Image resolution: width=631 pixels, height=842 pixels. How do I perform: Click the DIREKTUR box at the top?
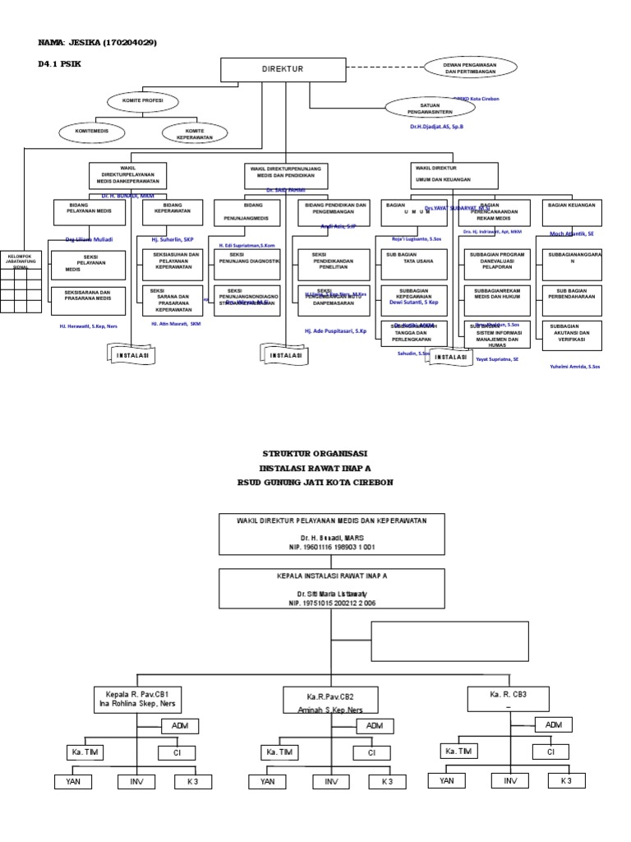(283, 70)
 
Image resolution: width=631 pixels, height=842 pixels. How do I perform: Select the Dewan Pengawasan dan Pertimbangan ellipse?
(470, 67)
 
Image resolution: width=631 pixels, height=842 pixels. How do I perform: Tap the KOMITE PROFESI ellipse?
(142, 101)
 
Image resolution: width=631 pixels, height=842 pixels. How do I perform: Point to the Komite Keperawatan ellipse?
(194, 132)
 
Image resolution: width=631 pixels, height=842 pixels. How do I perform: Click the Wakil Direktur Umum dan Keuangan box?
(454, 175)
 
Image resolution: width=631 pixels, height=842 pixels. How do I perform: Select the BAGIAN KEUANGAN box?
(571, 212)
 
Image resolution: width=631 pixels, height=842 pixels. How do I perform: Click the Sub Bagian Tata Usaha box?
(413, 264)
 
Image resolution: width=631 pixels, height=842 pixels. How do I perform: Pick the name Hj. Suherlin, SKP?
(172, 239)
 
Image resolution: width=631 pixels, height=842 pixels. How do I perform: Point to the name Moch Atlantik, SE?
(571, 234)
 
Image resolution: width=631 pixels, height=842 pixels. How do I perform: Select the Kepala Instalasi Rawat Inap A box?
(331, 588)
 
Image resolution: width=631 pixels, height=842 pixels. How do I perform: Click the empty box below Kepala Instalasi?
(449, 641)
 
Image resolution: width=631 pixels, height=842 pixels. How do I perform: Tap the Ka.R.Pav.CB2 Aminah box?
(330, 700)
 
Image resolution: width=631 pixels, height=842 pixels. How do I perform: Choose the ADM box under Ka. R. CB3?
(553, 724)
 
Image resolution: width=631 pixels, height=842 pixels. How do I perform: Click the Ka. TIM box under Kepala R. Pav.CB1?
(85, 752)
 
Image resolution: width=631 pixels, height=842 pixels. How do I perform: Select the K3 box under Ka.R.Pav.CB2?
(387, 781)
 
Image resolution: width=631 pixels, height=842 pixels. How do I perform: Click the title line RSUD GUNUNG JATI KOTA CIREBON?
(315, 482)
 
